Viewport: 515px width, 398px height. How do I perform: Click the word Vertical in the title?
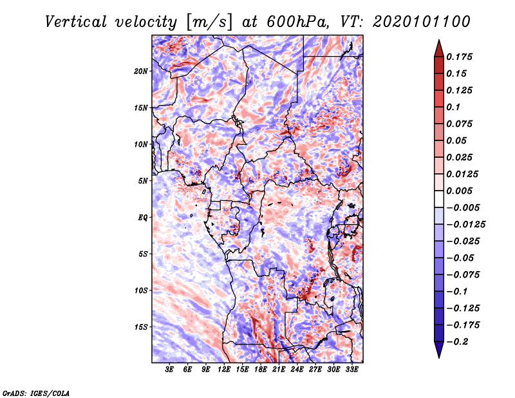(x=75, y=23)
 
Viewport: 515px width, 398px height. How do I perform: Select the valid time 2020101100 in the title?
(x=422, y=23)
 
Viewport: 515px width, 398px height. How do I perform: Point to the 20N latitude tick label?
(x=141, y=71)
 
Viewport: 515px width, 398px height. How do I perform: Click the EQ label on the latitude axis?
(x=143, y=218)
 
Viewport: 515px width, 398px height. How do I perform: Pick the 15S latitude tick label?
(x=141, y=327)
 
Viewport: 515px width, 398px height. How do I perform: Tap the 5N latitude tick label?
(x=143, y=181)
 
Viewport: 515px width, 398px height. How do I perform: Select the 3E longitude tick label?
(x=169, y=370)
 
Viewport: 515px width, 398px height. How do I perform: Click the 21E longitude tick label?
(x=279, y=370)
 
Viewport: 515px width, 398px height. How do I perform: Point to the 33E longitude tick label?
(x=351, y=370)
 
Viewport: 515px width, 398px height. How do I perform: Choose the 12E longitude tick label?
(x=223, y=370)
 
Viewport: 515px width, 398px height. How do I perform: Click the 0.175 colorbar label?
(x=460, y=57)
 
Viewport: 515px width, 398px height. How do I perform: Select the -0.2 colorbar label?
(x=457, y=342)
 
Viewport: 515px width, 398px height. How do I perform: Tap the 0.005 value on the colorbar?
(x=460, y=191)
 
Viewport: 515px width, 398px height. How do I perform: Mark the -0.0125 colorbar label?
(x=465, y=225)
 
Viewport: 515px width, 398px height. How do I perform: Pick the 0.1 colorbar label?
(x=453, y=107)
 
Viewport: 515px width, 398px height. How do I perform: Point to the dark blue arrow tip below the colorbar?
(x=439, y=357)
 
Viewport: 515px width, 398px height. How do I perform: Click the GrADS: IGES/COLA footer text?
(x=36, y=393)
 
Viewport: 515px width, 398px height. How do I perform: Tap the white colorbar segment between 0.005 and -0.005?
(x=439, y=199)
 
